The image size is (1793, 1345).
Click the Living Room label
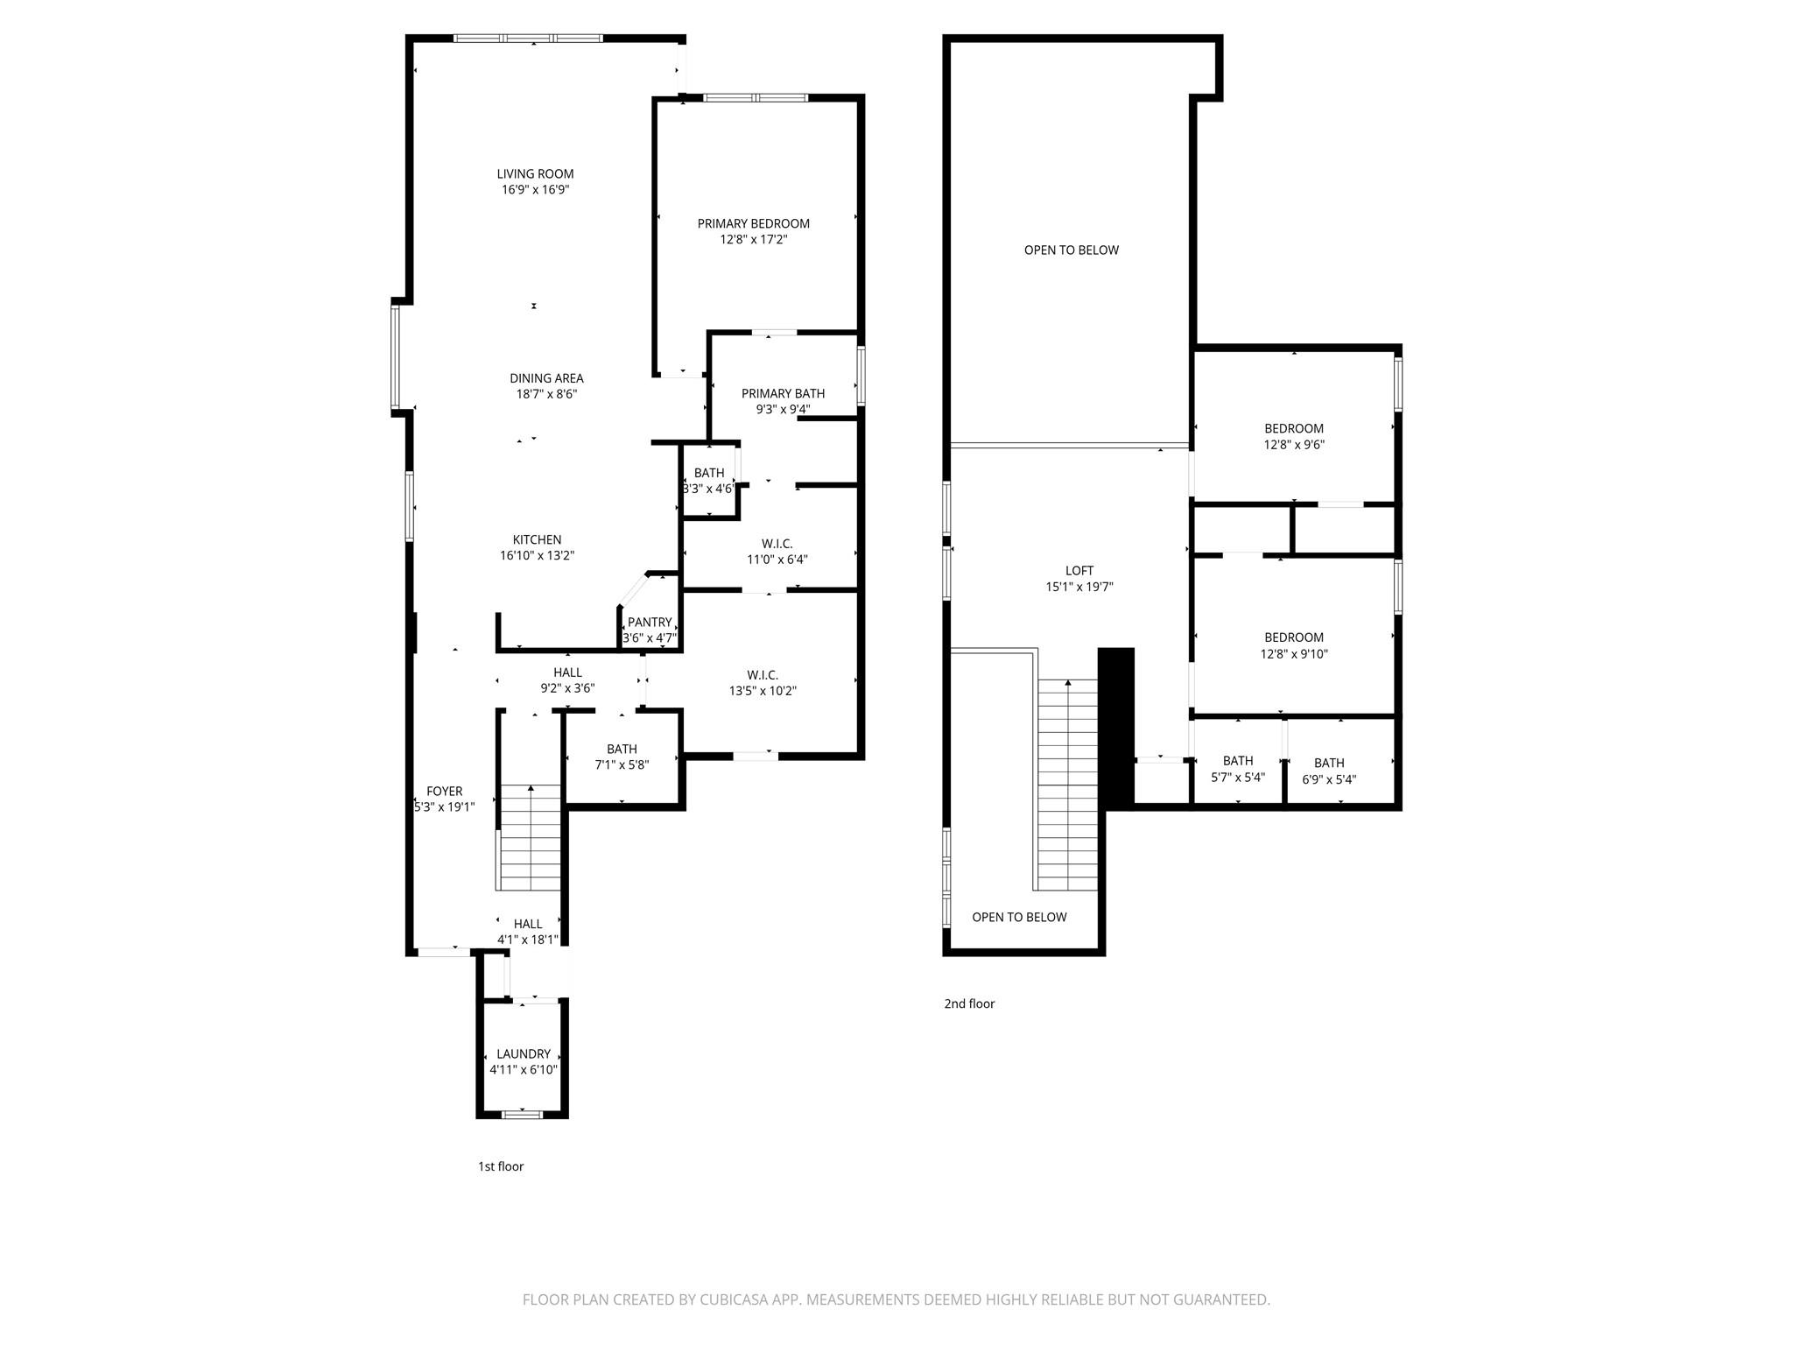(x=535, y=173)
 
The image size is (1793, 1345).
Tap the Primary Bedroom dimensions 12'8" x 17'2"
(x=753, y=239)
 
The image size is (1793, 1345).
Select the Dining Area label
(x=546, y=378)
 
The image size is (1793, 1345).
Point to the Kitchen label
(x=537, y=539)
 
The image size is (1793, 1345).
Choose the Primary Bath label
(x=783, y=393)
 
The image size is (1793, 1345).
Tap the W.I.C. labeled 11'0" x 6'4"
(x=777, y=551)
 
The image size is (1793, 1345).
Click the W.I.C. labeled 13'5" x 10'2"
(x=763, y=682)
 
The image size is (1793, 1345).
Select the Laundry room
(x=523, y=1060)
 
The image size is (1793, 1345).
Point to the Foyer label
(x=444, y=791)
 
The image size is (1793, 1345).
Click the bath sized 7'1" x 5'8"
(x=622, y=757)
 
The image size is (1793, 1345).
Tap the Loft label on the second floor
(x=1079, y=571)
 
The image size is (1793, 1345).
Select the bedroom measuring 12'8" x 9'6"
(x=1293, y=436)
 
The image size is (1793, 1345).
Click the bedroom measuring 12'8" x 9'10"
(x=1293, y=645)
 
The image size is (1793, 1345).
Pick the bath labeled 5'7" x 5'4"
(x=1237, y=769)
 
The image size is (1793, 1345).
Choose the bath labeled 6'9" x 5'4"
(x=1328, y=771)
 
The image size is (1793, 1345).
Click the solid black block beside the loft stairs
(x=1115, y=727)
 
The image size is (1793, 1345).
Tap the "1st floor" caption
(x=500, y=1166)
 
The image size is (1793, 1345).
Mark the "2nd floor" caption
(x=968, y=1003)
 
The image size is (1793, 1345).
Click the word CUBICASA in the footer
(x=734, y=1299)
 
